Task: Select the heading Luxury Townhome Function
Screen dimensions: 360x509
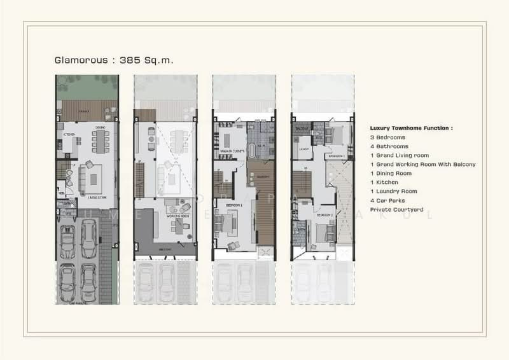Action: [411, 128]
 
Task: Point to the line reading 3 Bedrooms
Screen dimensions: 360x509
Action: [389, 137]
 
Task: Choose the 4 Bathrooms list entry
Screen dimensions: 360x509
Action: [390, 146]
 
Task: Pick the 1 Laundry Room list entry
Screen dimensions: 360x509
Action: [394, 191]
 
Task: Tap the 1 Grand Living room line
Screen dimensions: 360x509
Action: [400, 155]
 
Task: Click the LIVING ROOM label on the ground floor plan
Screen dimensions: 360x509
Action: [93, 198]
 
